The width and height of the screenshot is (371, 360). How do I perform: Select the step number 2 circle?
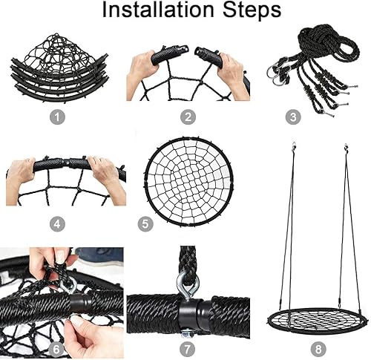188,117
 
